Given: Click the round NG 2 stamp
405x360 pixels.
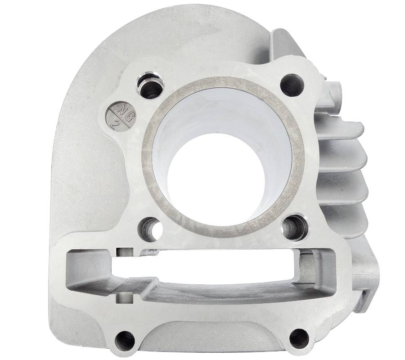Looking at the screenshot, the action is (121, 115).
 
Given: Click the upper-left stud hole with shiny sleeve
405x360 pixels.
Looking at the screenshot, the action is (149, 85).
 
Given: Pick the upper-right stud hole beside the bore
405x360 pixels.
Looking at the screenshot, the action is (292, 85).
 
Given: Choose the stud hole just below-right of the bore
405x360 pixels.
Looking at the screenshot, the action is (294, 227).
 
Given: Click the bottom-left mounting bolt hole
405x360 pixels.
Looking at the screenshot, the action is (125, 341).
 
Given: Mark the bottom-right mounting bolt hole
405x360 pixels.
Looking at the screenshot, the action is (299, 338).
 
